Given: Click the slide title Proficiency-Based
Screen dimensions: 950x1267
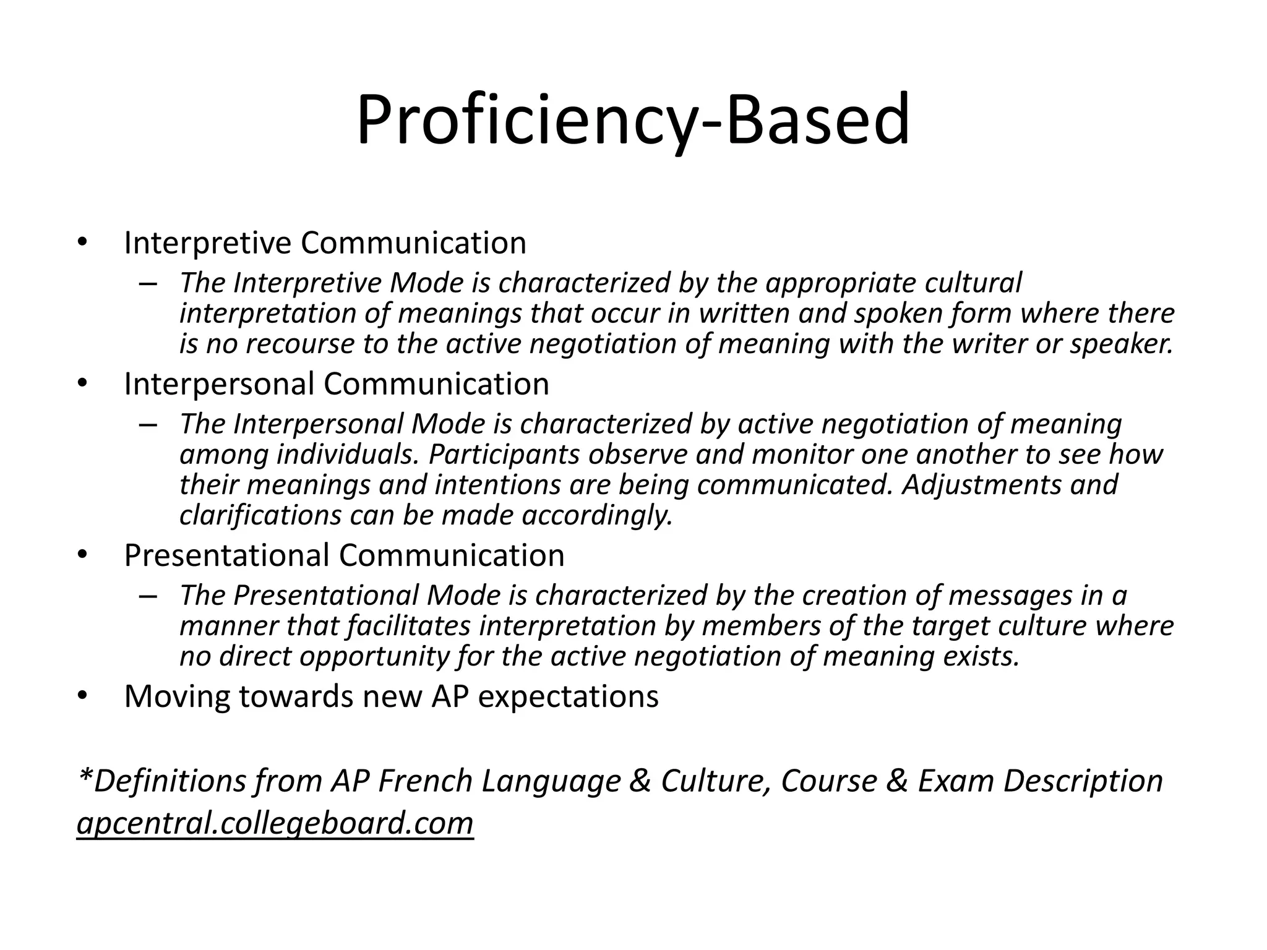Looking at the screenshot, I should [x=633, y=121].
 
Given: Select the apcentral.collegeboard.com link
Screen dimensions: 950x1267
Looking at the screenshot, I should [x=275, y=823].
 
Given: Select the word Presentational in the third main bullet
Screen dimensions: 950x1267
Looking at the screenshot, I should [x=227, y=555].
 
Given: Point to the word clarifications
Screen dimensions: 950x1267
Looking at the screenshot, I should [x=260, y=515].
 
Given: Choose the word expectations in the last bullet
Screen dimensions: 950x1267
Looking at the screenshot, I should [x=569, y=696].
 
